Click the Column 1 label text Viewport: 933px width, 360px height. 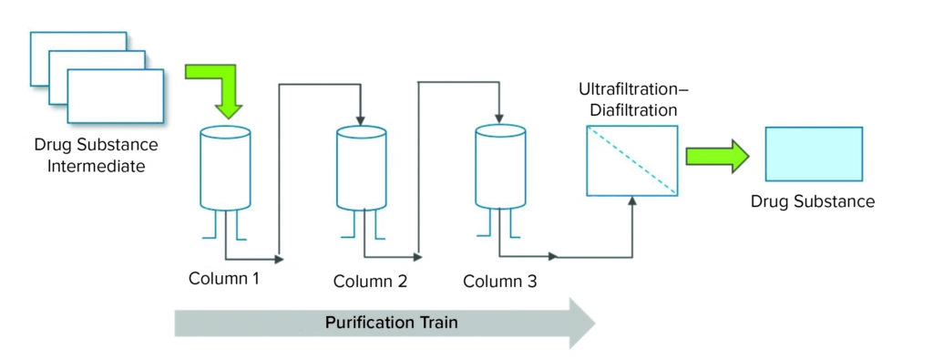click(x=224, y=278)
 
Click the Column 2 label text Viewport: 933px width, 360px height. click(x=369, y=281)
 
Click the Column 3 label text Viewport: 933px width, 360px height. click(x=499, y=281)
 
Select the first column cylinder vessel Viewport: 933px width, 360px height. click(x=224, y=169)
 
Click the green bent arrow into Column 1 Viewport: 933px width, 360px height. click(x=219, y=87)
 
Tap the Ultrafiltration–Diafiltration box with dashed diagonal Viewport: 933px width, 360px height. click(x=632, y=159)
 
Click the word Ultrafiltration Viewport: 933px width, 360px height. click(x=628, y=91)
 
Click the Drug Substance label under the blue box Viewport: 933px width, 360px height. click(x=813, y=201)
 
